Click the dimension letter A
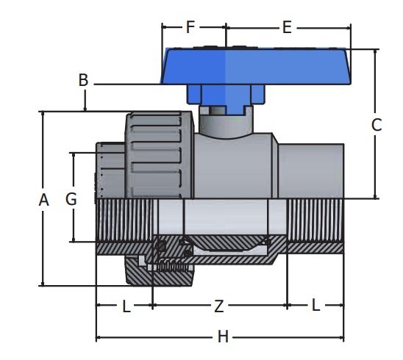pos(43,200)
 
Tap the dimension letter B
pos(84,80)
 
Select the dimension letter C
pos(376,125)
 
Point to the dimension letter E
pos(287,28)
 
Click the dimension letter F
pos(190,28)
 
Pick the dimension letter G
pos(71,199)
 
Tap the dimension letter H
pos(223,337)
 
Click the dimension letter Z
pos(218,306)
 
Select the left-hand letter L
pos(126,306)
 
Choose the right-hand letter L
pos(315,306)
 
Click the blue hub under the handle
pos(218,96)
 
